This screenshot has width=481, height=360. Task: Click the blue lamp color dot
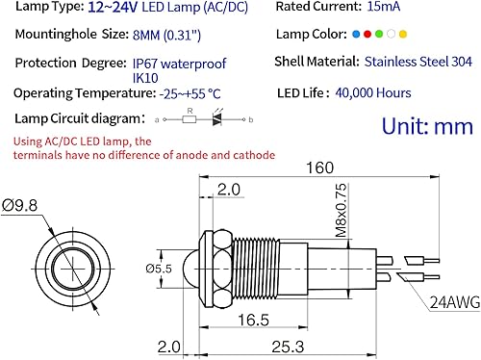click(x=355, y=35)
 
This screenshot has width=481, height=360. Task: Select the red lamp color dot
click(x=366, y=35)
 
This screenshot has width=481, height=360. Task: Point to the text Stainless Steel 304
click(x=418, y=64)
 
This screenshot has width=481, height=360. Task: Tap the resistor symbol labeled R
click(x=191, y=121)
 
